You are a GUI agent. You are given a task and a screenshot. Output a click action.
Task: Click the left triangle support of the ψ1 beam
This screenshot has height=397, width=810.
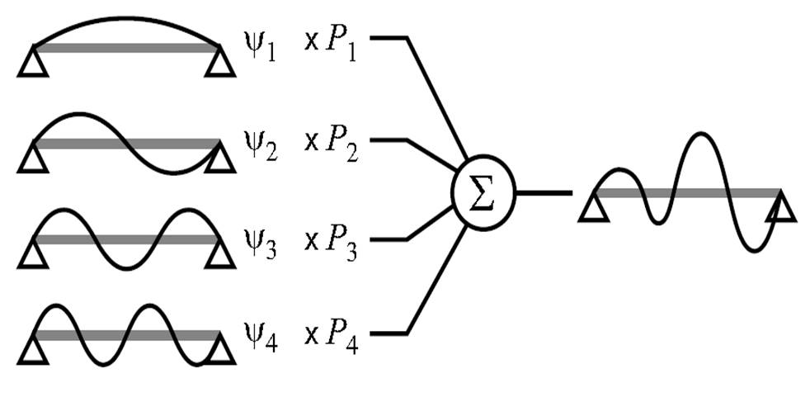(32, 63)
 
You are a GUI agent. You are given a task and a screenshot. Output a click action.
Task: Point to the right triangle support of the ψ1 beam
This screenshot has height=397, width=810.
(219, 63)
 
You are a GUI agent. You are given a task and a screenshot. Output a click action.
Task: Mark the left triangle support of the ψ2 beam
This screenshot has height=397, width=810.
(32, 158)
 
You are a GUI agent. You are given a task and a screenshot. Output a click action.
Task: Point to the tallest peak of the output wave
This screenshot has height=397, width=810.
(701, 135)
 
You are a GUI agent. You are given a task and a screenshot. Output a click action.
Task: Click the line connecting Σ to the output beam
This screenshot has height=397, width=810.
(543, 193)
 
